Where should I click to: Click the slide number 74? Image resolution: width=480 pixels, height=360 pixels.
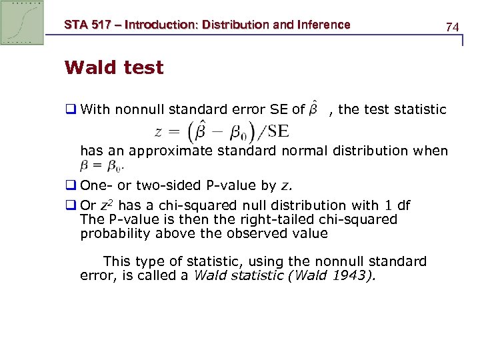(453, 27)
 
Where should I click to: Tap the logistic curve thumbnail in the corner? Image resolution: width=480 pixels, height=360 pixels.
(22, 23)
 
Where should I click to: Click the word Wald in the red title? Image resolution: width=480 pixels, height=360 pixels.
(89, 67)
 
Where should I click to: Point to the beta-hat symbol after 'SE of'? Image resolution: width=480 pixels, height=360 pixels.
(316, 109)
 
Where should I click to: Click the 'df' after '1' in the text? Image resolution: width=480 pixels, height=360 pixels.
(403, 205)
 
